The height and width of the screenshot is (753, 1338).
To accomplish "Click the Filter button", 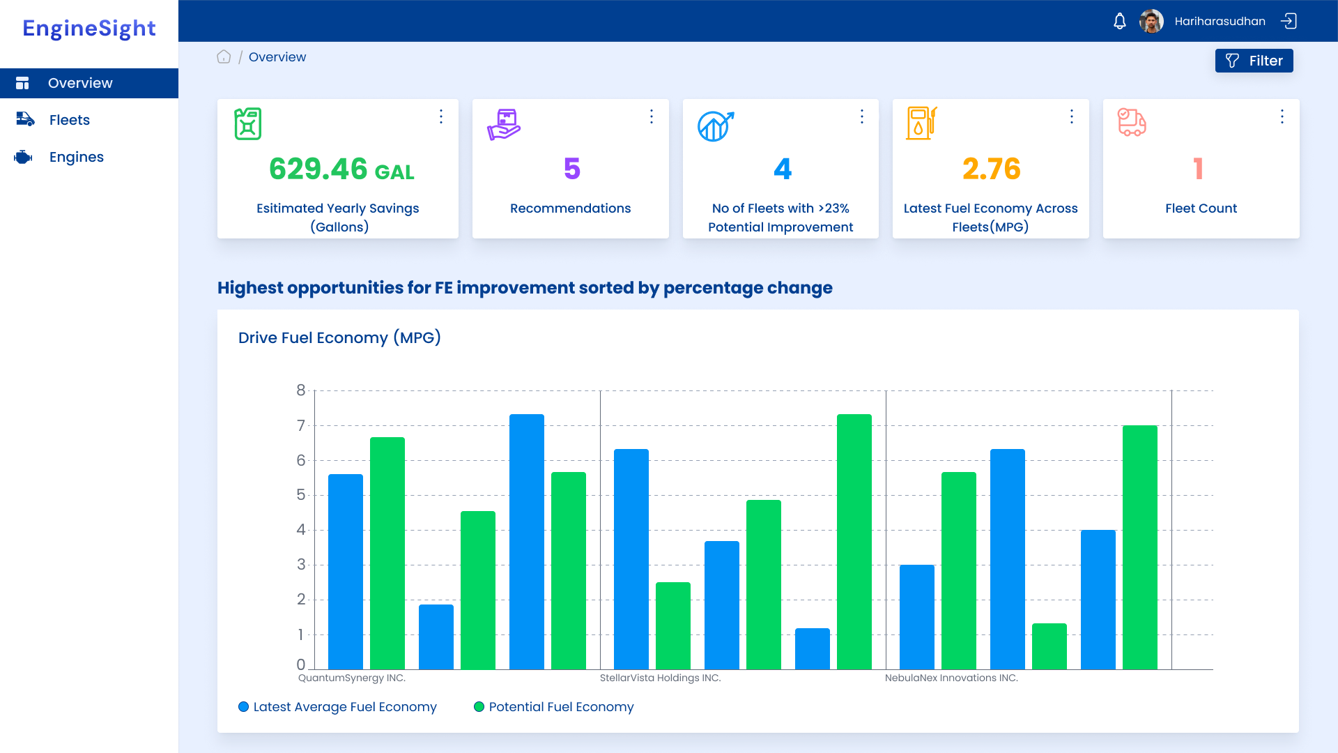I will [x=1254, y=61].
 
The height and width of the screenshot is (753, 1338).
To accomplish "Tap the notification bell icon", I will [x=1119, y=21].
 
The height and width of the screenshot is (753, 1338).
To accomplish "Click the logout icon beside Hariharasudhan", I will [x=1289, y=21].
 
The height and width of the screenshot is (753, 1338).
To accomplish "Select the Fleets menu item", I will [x=70, y=120].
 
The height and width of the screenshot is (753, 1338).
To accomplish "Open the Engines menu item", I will [x=76, y=157].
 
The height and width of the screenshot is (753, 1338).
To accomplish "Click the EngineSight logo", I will [x=89, y=29].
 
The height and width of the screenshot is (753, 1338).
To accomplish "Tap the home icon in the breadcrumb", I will [x=224, y=57].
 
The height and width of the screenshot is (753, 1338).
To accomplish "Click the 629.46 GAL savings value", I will [x=341, y=169].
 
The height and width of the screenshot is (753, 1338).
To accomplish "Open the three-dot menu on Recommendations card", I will [x=652, y=116].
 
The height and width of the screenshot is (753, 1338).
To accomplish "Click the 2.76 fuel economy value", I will [x=991, y=169].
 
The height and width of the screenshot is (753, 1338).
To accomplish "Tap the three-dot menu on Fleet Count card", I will [x=1282, y=116].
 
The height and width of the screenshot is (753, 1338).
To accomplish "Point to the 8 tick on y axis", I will [x=301, y=390].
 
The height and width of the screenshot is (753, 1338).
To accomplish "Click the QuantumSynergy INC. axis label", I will [x=352, y=678].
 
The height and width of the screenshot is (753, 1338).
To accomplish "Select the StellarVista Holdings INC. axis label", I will [x=660, y=678].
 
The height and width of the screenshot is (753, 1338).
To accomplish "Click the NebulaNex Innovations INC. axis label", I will [x=951, y=678].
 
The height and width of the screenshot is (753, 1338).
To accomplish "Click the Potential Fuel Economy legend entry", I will [x=560, y=707].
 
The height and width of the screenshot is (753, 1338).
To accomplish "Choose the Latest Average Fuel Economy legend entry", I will [x=344, y=707].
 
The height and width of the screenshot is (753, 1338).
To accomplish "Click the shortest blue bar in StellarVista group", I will [x=813, y=649].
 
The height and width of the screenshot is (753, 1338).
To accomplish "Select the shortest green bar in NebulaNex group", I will [x=1049, y=646].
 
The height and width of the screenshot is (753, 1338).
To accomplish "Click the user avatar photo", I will [x=1151, y=21].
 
